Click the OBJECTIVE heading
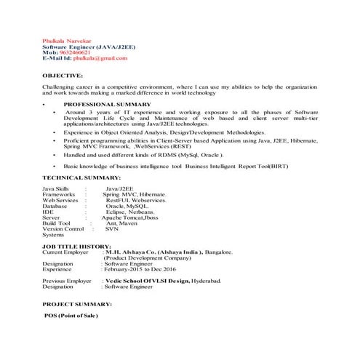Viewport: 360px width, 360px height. point(63,75)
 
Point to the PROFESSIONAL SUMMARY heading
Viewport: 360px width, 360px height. point(105,105)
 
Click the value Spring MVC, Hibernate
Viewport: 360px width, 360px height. point(135,195)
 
